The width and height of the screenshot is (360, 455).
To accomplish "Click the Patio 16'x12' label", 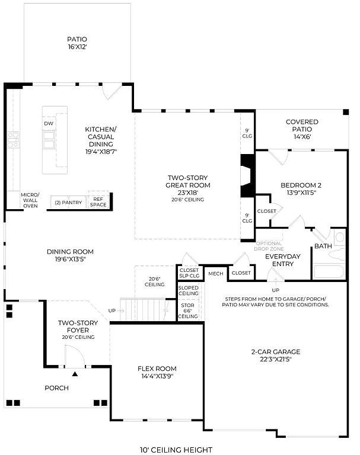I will (77, 43).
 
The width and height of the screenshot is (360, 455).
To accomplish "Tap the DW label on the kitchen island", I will (49, 123).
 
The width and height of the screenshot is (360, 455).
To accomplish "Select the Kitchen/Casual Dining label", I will (101, 140).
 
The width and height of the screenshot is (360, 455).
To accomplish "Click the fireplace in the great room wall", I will (246, 175).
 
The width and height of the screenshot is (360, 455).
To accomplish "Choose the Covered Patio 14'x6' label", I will (302, 129).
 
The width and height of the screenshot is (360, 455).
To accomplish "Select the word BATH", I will (323, 246).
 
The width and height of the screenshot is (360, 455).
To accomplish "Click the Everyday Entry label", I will (283, 260).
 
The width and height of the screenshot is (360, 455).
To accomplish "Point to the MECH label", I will (215, 273).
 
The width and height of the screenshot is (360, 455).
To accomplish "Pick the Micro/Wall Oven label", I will (30, 200).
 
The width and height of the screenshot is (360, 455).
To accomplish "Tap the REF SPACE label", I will (98, 201).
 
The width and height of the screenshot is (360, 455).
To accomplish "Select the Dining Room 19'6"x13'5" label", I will (70, 255).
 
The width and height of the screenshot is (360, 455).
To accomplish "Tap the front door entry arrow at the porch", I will (75, 374).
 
